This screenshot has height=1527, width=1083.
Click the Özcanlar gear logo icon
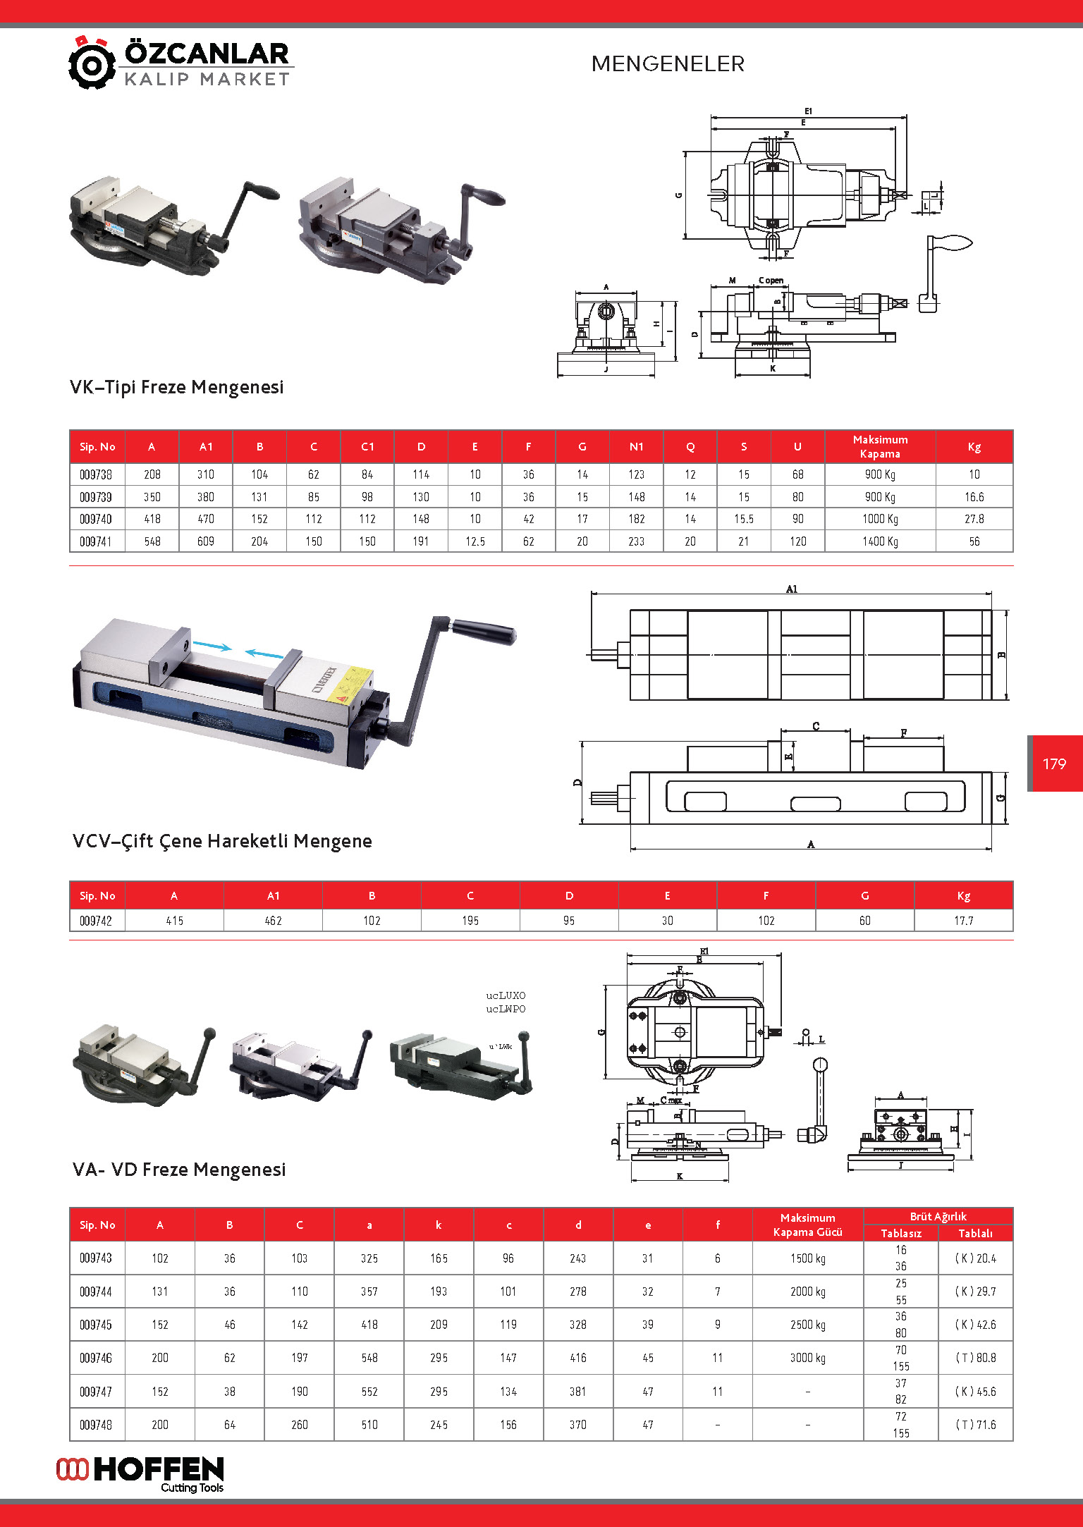92,63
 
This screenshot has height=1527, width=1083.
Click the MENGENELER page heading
668,64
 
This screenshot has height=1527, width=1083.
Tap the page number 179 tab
1054,763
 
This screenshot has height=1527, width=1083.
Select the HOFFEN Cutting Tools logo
140,1473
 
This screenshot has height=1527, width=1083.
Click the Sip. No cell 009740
96,520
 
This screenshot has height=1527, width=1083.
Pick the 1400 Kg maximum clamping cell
880,541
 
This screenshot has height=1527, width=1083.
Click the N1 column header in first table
636,447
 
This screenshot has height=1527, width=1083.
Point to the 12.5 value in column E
475,541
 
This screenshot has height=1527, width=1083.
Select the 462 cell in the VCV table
273,921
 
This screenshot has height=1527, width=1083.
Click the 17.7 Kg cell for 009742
963,921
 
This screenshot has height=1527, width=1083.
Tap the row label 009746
96,1358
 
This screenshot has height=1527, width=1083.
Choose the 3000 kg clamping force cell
807,1358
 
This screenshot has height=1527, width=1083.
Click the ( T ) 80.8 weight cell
975,1358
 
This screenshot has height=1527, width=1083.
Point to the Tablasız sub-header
901,1233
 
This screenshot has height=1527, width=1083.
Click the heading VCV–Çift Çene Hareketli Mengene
222,841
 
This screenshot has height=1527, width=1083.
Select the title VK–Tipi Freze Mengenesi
176,387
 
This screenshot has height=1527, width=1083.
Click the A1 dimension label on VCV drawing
792,589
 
